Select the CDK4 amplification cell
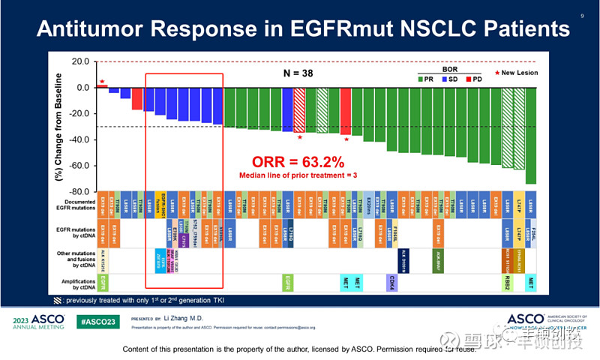[x=391, y=282]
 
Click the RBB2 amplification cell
[x=507, y=282]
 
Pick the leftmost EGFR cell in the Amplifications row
[x=103, y=282]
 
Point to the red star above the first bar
[x=102, y=81]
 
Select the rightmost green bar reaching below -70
[x=530, y=135]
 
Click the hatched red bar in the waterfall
[x=299, y=109]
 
